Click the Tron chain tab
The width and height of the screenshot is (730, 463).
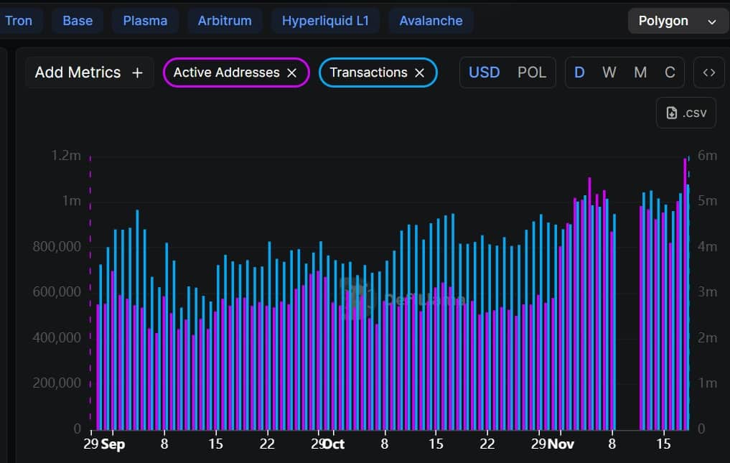(x=19, y=21)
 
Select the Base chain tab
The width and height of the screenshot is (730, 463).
(x=78, y=21)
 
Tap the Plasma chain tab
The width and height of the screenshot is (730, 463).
(x=145, y=21)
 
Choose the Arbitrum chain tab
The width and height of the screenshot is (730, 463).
(x=225, y=21)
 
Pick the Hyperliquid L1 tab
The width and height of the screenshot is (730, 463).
(x=325, y=21)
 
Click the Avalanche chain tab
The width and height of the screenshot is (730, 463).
(x=431, y=21)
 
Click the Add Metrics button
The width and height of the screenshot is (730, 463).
(x=89, y=73)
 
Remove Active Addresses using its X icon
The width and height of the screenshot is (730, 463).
(x=292, y=73)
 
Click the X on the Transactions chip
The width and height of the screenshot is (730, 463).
(x=420, y=73)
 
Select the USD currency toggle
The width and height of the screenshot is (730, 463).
(x=484, y=73)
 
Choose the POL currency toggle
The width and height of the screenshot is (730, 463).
(x=532, y=73)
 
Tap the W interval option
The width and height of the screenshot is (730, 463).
(x=609, y=73)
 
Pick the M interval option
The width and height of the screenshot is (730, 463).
(x=640, y=73)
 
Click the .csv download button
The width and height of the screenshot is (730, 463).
(x=686, y=113)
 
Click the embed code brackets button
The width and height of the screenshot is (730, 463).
(x=709, y=73)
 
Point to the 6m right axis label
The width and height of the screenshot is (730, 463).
(x=707, y=155)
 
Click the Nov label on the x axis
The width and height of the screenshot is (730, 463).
(x=561, y=444)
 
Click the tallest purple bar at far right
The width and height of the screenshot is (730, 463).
(x=685, y=287)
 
